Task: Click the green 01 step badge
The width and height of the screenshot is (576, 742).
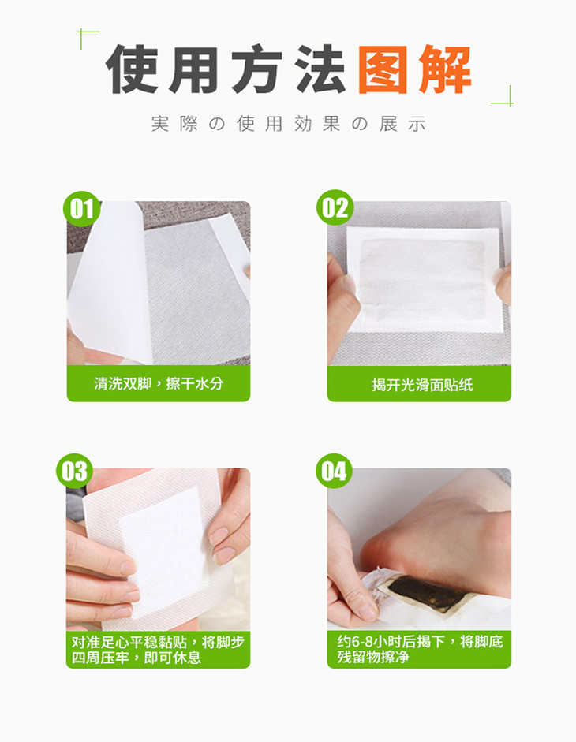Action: pos(81,209)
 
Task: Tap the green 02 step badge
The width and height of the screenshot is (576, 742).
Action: pos(335,207)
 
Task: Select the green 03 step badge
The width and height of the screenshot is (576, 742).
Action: pos(74,471)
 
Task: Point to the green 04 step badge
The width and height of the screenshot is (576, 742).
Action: pos(334,472)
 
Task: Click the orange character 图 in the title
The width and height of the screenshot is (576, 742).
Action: pos(382,69)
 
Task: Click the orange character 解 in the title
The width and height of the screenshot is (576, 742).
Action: pos(445,69)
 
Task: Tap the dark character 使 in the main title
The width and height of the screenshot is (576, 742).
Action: pos(132,69)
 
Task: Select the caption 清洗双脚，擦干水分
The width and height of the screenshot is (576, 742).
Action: pos(159,383)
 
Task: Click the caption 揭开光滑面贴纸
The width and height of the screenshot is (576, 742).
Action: pos(422,385)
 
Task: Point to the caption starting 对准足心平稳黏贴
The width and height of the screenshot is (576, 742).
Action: pos(158,650)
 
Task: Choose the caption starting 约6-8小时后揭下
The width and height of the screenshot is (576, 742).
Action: pos(420,649)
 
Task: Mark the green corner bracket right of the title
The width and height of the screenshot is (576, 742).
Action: pos(503,96)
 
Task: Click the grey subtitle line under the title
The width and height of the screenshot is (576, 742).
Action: pos(289,124)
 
